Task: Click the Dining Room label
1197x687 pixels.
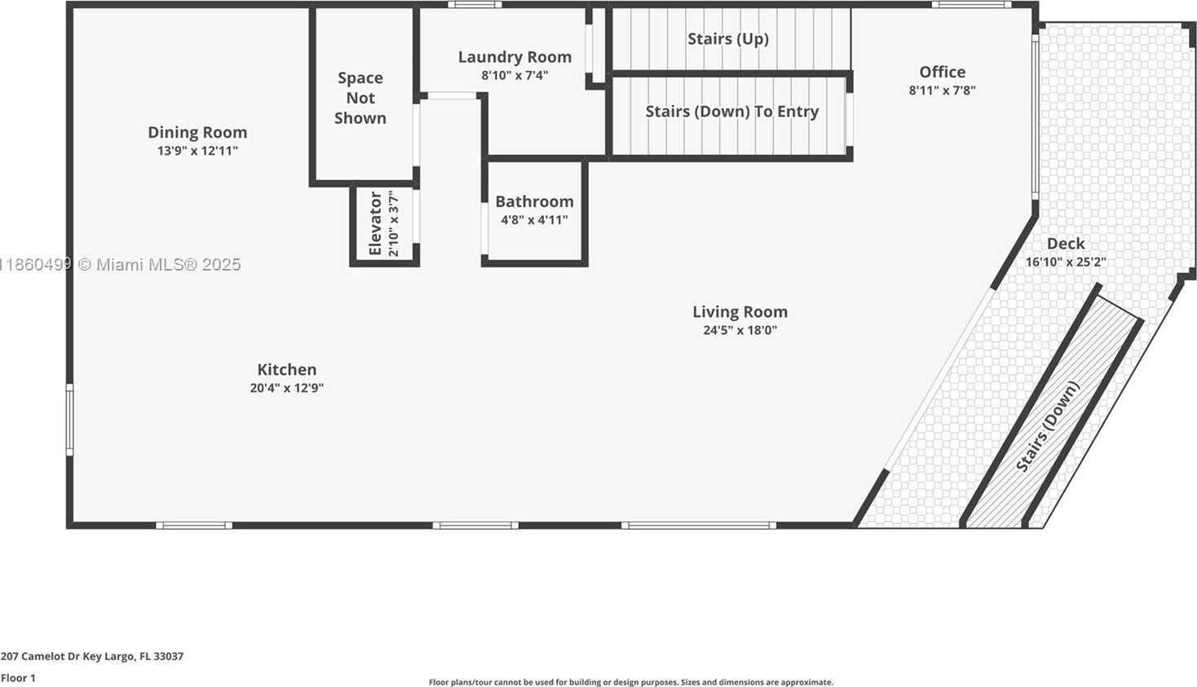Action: coord(197,132)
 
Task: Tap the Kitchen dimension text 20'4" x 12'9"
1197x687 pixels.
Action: coord(287,388)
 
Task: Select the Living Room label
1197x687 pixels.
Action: coord(740,311)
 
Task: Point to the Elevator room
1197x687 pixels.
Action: coord(384,225)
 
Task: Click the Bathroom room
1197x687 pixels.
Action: coord(534,212)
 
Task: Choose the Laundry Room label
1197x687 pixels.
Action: coord(515,56)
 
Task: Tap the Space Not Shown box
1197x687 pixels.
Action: coord(364,96)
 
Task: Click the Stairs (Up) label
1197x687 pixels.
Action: coord(728,38)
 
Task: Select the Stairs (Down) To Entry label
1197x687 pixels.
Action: coord(731,111)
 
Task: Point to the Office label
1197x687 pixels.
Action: coord(942,72)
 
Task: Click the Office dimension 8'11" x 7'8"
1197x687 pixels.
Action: coord(942,90)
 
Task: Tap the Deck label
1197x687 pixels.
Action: coord(1066,244)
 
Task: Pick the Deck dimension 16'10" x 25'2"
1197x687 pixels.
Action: coord(1066,262)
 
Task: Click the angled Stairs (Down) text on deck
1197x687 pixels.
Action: coord(1047,426)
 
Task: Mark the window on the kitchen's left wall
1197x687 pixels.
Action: coord(69,420)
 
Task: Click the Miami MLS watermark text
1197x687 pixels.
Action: coord(120,264)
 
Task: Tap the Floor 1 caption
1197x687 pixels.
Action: coord(18,678)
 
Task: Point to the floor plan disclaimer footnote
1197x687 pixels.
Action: coord(630,682)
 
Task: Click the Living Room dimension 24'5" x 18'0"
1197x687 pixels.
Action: coord(740,330)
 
